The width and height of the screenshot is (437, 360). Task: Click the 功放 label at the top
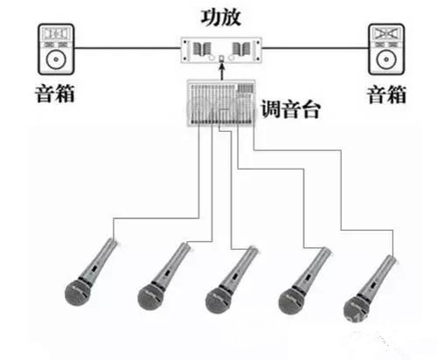pyautogui.click(x=221, y=17)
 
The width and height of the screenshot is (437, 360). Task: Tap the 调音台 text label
pyautogui.click(x=290, y=109)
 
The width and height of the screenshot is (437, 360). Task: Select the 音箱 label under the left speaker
pyautogui.click(x=55, y=93)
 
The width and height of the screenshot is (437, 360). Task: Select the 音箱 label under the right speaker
pyautogui.click(x=386, y=94)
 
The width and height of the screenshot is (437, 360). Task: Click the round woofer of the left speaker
pyautogui.click(x=56, y=59)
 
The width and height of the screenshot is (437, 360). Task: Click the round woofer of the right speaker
pyautogui.click(x=386, y=59)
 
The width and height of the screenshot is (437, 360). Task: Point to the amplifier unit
pyautogui.click(x=221, y=50)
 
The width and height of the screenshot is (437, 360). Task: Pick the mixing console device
pyautogui.click(x=221, y=103)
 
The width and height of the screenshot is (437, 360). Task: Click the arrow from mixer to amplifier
pyautogui.click(x=222, y=71)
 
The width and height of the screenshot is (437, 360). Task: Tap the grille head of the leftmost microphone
pyautogui.click(x=78, y=292)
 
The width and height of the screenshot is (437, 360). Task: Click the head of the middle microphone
pyautogui.click(x=218, y=300)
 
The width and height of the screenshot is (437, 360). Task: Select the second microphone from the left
pyautogui.click(x=163, y=276)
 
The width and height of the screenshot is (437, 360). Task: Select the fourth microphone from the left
pyautogui.click(x=304, y=281)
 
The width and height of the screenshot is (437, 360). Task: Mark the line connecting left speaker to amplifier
pyautogui.click(x=128, y=48)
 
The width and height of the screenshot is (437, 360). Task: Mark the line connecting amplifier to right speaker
pyautogui.click(x=316, y=48)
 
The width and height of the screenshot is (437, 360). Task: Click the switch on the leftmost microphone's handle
pyautogui.click(x=94, y=268)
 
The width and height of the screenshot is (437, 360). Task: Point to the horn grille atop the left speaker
pyautogui.click(x=56, y=33)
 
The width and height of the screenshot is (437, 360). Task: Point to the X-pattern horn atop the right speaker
pyautogui.click(x=386, y=33)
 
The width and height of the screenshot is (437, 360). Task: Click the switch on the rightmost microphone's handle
pyautogui.click(x=372, y=285)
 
